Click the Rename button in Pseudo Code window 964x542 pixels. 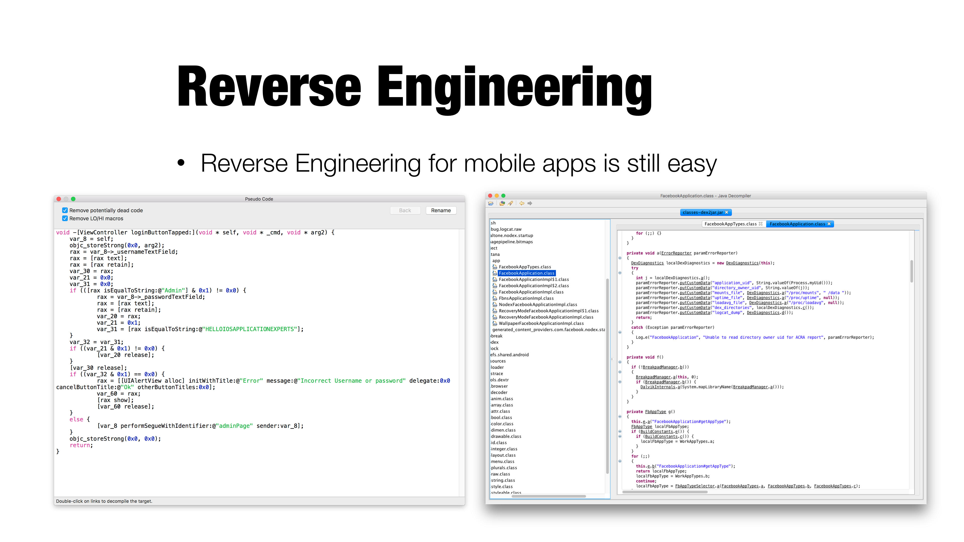click(441, 211)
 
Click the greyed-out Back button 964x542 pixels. click(405, 211)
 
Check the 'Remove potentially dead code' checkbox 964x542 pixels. click(65, 210)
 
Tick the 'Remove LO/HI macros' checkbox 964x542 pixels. click(65, 219)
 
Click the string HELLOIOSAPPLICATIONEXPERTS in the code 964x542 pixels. click(250, 329)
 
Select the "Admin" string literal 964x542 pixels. click(174, 290)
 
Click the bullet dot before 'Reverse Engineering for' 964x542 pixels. click(181, 163)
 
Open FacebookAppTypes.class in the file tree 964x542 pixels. click(525, 267)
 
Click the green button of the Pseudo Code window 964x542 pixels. click(73, 199)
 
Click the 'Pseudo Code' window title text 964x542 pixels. click(259, 199)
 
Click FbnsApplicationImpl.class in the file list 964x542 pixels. click(526, 298)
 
